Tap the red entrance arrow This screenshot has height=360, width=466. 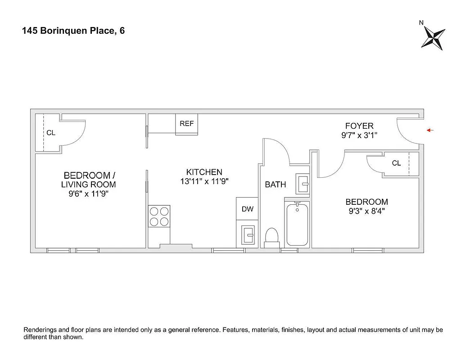pos(430,130)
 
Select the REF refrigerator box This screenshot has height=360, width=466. pos(186,124)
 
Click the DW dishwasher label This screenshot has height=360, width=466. pos(247,209)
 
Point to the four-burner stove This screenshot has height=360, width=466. pos(159,216)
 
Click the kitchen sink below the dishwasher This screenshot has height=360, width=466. pos(247,234)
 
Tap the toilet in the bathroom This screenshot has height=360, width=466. pos(271,237)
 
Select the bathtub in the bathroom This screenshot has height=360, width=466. pos(297,224)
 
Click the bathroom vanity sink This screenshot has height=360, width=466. pos(303,184)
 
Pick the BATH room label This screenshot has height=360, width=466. pos(275,184)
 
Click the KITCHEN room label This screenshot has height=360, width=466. pos(204,172)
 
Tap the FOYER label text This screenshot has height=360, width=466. pos(359,126)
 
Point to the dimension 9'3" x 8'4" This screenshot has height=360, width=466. pos(366,211)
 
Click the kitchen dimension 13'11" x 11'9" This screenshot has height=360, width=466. pos(204,181)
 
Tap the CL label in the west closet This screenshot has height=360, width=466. pos(51,133)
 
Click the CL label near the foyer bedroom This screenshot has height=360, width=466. pos(396,163)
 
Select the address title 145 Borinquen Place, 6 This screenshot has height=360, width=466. pos(73,31)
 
